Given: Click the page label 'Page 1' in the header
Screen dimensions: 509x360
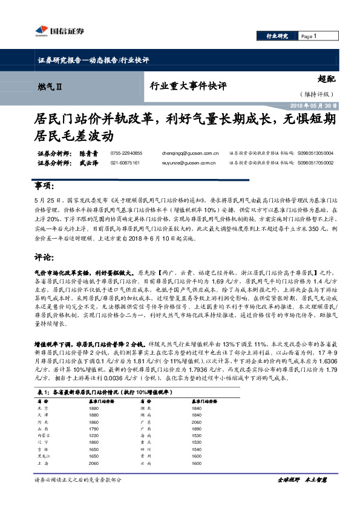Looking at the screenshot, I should pos(308,36).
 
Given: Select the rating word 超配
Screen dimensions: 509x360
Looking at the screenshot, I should pos(326,79).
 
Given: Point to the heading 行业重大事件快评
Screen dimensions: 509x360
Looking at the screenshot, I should pos(188,86).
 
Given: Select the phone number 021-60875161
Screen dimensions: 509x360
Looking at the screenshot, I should pos(126,163).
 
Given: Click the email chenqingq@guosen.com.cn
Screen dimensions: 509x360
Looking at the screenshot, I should pos(190,154).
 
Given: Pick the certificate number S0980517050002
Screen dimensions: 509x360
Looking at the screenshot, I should pos(315,163).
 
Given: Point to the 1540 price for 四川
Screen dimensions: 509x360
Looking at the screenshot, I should pos(195,449).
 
